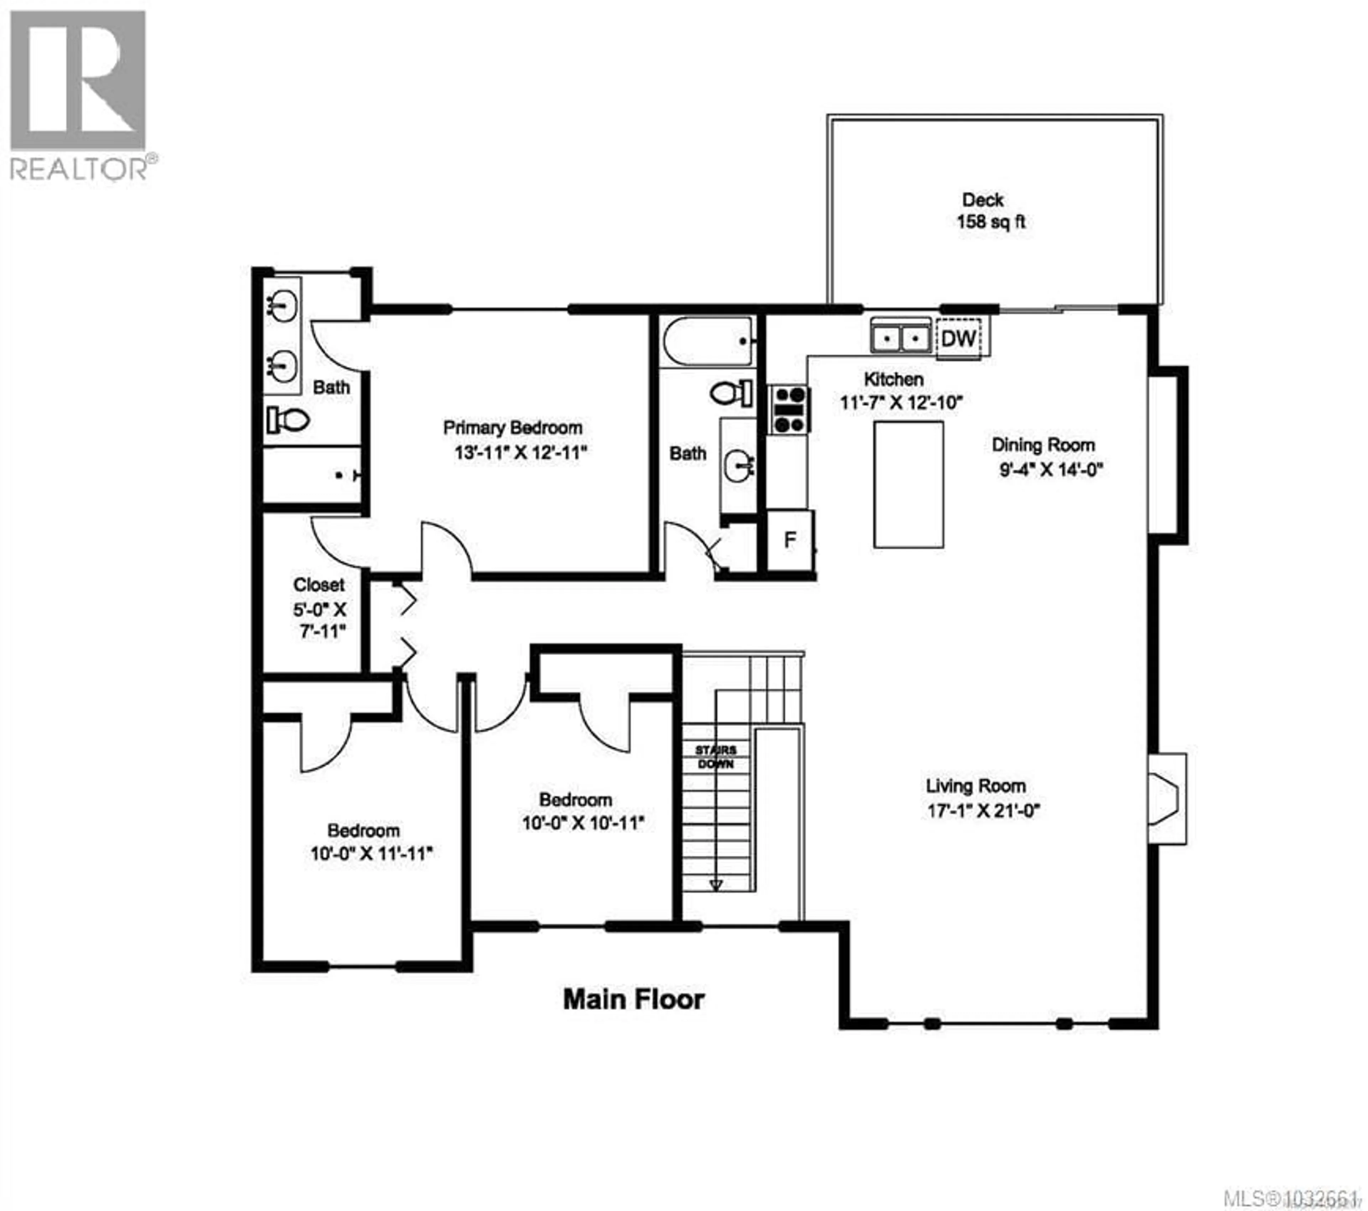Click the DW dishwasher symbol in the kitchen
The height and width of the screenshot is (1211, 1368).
tap(958, 339)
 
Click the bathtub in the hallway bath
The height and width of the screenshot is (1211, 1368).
tap(708, 341)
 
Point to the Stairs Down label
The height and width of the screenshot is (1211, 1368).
tap(715, 757)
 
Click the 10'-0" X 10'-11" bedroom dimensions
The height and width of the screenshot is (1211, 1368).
tap(582, 823)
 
